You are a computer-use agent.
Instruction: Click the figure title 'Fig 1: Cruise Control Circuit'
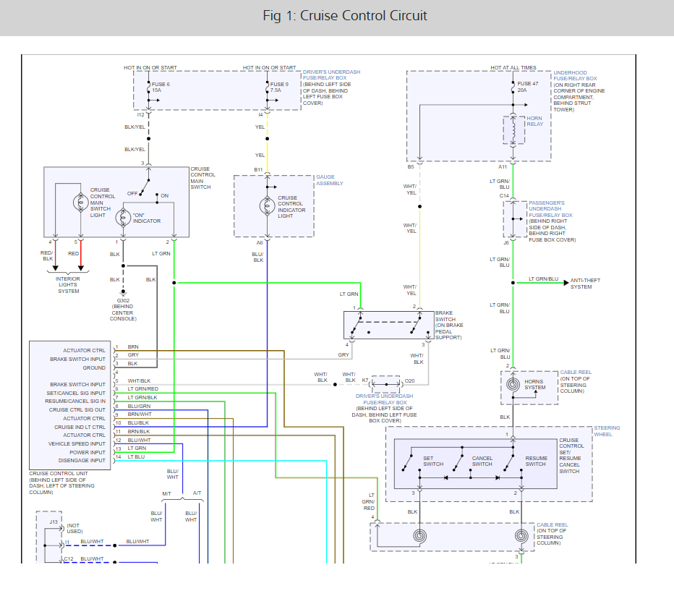point(345,16)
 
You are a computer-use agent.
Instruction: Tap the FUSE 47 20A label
point(527,87)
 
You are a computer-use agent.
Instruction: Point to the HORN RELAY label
point(534,121)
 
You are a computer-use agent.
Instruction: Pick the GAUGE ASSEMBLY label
point(329,180)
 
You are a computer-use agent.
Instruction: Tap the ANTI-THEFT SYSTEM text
point(585,284)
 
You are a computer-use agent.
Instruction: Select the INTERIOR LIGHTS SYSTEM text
point(69,285)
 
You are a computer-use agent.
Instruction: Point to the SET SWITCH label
point(433,461)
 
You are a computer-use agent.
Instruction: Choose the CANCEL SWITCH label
point(482,461)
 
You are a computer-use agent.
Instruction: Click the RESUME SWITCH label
point(535,461)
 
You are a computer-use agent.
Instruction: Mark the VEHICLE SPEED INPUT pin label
point(77,443)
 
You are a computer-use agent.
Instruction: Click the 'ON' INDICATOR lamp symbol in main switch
point(123,216)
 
